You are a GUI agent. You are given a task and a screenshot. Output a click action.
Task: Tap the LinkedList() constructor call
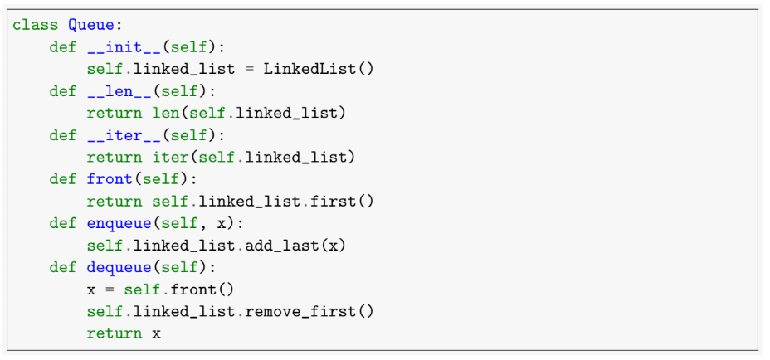[319, 68]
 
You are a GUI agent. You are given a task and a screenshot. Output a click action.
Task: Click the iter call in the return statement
[170, 157]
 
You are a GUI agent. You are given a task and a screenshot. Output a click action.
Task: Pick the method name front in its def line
[110, 179]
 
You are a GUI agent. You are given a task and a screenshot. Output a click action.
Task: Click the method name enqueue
[119, 223]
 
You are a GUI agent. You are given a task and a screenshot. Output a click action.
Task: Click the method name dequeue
[119, 267]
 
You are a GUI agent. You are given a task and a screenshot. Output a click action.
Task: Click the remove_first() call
[319, 311]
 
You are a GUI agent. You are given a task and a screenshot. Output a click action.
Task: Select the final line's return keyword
[114, 333]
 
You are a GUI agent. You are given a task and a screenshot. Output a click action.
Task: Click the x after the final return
[156, 333]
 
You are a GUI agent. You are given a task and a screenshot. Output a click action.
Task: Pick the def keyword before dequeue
[63, 267]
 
